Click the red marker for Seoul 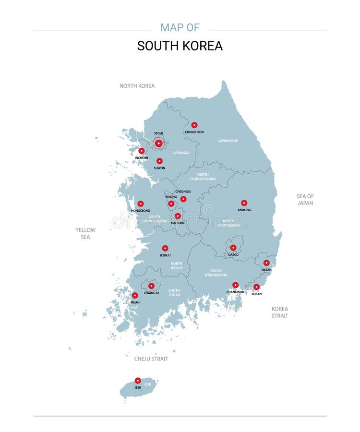[x=158, y=143]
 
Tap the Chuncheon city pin [x=194, y=125]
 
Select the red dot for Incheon [x=142, y=151]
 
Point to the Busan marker [x=257, y=287]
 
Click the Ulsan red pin [x=266, y=263]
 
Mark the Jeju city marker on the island [x=138, y=381]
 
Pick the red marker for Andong [x=244, y=203]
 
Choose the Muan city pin [x=135, y=296]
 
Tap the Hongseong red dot [x=141, y=204]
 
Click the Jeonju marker [x=165, y=248]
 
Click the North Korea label [x=137, y=86]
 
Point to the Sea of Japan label [x=305, y=200]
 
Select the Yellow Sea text [x=85, y=233]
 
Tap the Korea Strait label [x=280, y=312]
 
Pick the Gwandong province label [x=228, y=141]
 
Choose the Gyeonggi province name [x=181, y=153]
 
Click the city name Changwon [x=235, y=292]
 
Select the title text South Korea [x=180, y=46]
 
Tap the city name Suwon [x=159, y=168]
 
